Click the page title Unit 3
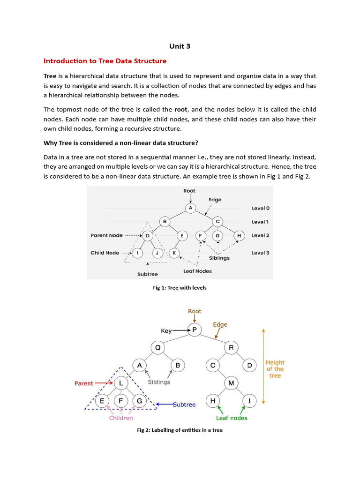click(180, 46)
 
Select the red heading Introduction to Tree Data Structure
click(105, 61)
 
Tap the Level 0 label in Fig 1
click(260, 208)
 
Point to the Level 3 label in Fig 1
click(260, 253)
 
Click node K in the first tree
click(174, 253)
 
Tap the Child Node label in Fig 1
click(105, 253)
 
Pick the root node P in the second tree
click(194, 330)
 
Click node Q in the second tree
click(157, 347)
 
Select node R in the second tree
click(231, 347)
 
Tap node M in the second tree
click(231, 383)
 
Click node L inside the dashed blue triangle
click(121, 383)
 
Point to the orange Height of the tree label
click(275, 369)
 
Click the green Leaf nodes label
click(232, 418)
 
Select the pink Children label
click(121, 418)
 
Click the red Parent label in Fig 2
click(84, 383)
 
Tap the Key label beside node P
click(166, 330)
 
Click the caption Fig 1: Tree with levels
click(180, 288)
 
